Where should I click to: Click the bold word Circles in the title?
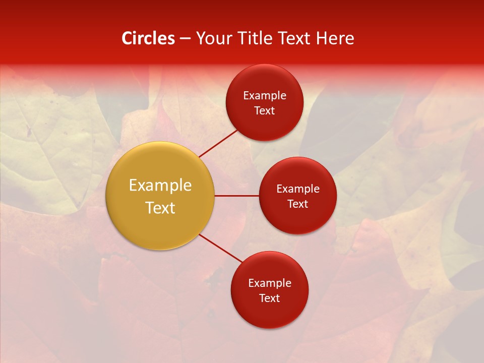[x=148, y=38]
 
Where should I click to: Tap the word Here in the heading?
[x=334, y=38]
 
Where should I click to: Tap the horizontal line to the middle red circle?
[x=236, y=195]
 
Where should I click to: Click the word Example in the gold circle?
[x=160, y=186]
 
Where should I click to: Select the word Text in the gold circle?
[x=160, y=208]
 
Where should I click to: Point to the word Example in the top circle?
[x=265, y=95]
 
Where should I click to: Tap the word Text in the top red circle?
[x=265, y=110]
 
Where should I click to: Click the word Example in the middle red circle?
[x=298, y=189]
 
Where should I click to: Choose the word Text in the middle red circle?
[x=298, y=204]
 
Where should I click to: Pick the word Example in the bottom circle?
[x=270, y=283]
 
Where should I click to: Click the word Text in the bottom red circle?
[x=270, y=298]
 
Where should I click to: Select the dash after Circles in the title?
[x=185, y=39]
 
